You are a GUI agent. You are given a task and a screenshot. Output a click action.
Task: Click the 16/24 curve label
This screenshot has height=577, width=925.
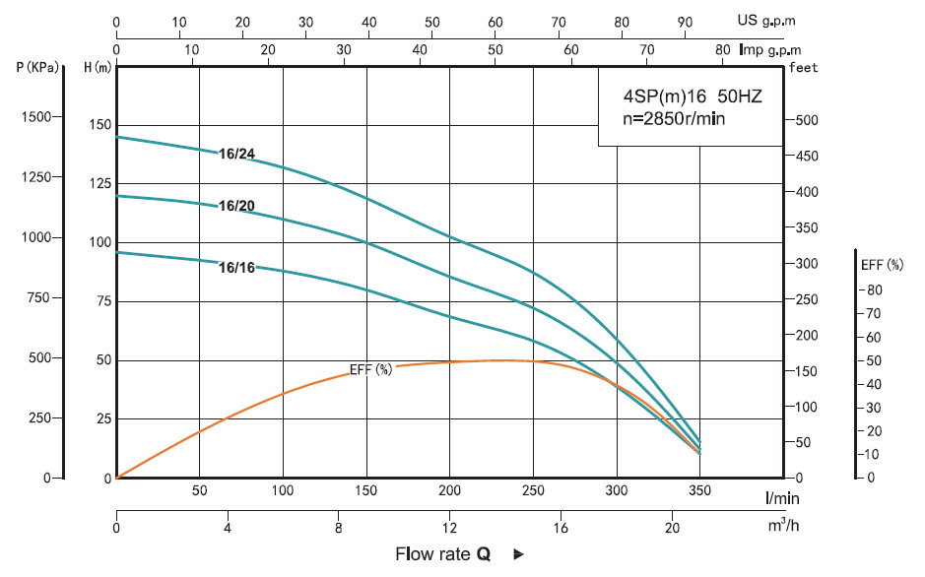pos(236,154)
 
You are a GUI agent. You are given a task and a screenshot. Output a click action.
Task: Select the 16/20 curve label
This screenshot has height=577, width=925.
pos(236,206)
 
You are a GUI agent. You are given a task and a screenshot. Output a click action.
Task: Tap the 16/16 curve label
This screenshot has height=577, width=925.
pos(236,267)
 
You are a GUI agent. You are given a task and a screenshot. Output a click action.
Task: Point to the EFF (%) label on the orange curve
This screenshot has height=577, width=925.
pos(371,370)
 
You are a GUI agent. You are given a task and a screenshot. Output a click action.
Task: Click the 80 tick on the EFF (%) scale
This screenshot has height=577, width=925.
pos(874,289)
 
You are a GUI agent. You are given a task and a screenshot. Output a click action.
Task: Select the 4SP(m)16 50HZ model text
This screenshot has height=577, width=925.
pos(681,97)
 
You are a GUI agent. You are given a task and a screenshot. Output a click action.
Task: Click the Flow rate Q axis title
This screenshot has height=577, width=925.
pos(443,554)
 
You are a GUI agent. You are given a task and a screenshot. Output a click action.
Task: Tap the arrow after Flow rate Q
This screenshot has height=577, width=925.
pos(518,555)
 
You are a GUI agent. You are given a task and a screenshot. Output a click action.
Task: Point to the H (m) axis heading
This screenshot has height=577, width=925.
pos(98,67)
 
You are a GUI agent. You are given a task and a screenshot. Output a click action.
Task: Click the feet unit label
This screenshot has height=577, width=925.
pos(805,67)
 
